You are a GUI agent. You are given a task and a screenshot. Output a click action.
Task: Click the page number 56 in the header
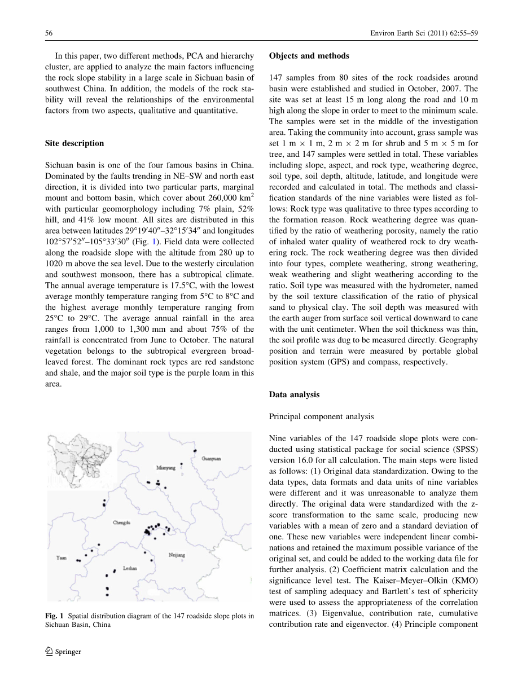click(49, 33)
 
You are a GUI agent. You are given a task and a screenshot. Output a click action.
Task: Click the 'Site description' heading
click(74, 143)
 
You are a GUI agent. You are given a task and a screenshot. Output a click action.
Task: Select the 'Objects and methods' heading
click(309, 56)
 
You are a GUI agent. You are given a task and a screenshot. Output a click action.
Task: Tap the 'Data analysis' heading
click(294, 395)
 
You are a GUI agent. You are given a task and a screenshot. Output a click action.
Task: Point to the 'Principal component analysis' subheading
click(321, 417)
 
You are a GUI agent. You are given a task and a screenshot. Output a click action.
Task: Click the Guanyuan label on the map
click(211, 459)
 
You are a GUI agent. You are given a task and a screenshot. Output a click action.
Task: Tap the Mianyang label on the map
click(166, 468)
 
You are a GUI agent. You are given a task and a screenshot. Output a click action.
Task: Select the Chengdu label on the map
click(121, 523)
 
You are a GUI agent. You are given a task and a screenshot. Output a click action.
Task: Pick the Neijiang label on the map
click(177, 555)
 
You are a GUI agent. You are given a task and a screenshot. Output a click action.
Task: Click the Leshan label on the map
click(130, 569)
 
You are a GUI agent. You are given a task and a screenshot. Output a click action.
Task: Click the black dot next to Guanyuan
click(195, 451)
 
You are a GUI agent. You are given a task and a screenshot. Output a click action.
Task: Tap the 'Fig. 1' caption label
click(54, 616)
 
